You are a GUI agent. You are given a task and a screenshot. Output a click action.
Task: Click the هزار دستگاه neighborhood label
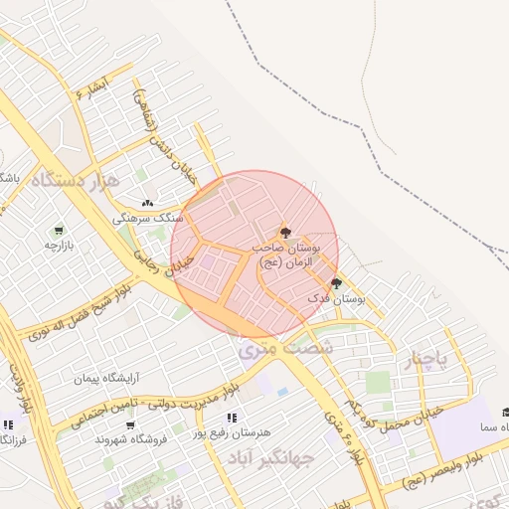(76, 181)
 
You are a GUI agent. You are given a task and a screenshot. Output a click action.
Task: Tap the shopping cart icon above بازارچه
(59, 229)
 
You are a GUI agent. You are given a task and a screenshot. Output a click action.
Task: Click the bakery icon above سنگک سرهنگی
(148, 203)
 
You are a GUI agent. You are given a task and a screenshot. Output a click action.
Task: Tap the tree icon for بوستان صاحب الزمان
(286, 232)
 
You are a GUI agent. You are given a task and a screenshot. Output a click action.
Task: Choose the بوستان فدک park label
(337, 298)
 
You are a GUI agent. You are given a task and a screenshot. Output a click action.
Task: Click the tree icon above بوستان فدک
(336, 283)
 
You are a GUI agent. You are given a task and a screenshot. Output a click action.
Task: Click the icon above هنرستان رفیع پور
(233, 419)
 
